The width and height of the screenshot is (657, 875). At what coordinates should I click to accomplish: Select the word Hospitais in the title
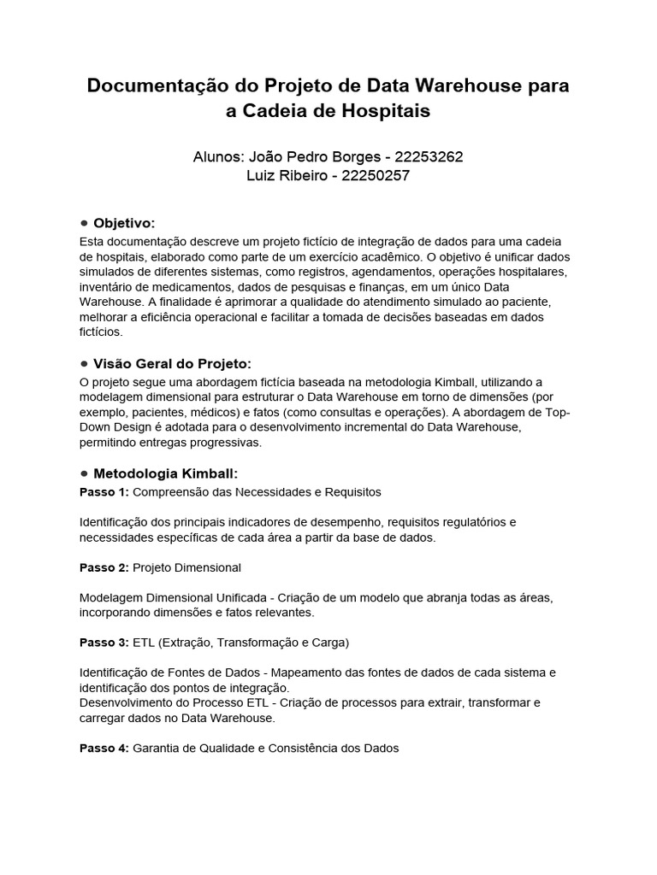pyautogui.click(x=388, y=111)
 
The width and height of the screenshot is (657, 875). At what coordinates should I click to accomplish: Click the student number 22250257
pyautogui.click(x=376, y=176)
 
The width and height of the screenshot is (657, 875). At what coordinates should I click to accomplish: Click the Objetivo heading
pyautogui.click(x=124, y=222)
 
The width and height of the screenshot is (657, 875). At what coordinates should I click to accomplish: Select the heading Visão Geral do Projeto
pyautogui.click(x=173, y=364)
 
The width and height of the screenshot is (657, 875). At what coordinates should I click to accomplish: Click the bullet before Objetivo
pyautogui.click(x=84, y=222)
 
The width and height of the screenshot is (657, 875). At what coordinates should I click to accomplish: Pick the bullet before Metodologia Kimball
pyautogui.click(x=84, y=473)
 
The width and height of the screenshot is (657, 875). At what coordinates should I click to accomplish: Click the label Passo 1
pyautogui.click(x=104, y=492)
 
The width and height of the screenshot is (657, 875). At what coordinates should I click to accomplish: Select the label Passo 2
pyautogui.click(x=104, y=567)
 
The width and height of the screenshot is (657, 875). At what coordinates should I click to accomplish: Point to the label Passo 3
pyautogui.click(x=104, y=642)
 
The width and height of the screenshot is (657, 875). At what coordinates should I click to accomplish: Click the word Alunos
pyautogui.click(x=219, y=157)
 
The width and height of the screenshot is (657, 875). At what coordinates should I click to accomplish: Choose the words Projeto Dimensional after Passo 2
pyautogui.click(x=187, y=567)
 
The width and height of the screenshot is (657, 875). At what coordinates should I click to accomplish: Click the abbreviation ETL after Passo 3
pyautogui.click(x=145, y=642)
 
